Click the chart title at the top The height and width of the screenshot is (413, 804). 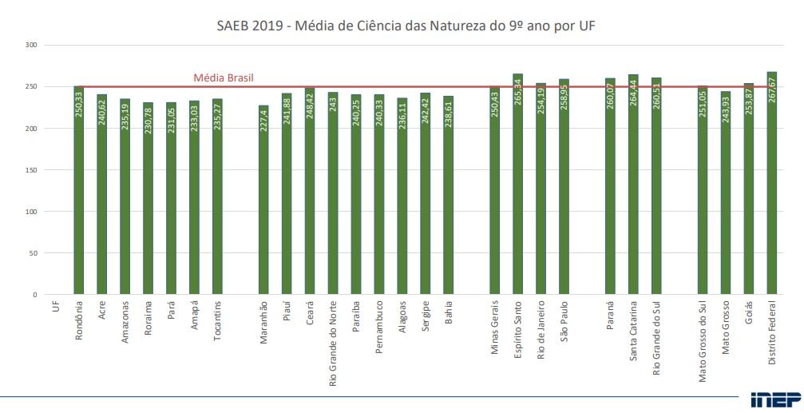pos(406,26)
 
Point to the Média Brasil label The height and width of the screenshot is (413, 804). pos(224,78)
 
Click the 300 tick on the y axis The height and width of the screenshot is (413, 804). pos(32,46)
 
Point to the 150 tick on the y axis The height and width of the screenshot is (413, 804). pos(32,170)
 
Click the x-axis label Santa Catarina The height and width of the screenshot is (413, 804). pos(633,332)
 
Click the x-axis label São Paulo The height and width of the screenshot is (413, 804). pos(564,321)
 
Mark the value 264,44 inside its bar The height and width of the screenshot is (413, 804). pos(633,118)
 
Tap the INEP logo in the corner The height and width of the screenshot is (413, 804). pos(770,399)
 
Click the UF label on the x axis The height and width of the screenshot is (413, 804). pos(56,307)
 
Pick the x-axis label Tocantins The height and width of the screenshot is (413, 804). pos(217,321)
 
